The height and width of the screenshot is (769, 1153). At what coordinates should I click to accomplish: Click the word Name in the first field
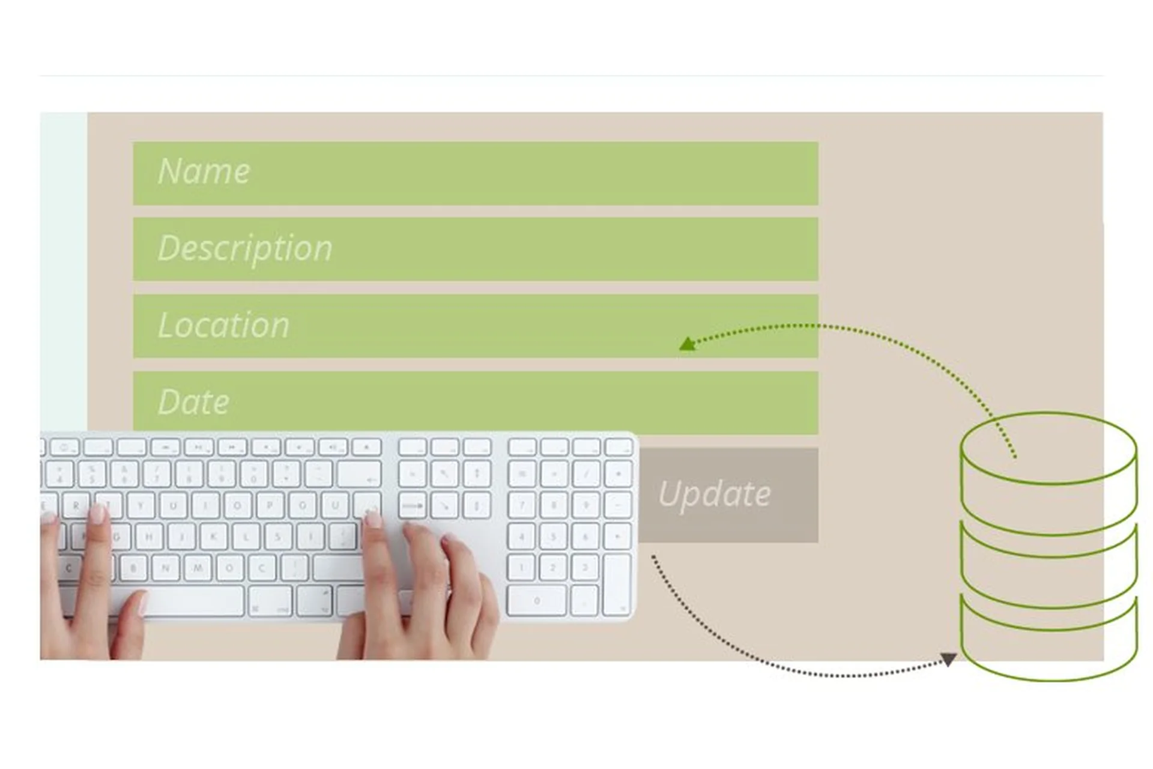[204, 171]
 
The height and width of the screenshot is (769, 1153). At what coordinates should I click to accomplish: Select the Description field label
[245, 248]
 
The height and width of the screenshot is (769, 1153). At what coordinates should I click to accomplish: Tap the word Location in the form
[223, 325]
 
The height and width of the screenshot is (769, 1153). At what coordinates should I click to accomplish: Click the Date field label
[193, 402]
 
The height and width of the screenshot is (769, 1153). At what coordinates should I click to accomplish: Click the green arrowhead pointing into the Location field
[686, 344]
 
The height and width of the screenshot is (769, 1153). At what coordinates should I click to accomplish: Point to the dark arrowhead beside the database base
[948, 659]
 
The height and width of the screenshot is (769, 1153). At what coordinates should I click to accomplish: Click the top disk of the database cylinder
[1048, 448]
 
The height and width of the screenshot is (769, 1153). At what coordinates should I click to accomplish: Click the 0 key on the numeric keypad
[536, 600]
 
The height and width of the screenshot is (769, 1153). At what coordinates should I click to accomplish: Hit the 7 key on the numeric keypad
[521, 505]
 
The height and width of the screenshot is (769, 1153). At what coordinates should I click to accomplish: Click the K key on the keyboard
[213, 536]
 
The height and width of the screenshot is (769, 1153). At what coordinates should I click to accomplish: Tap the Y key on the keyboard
[141, 506]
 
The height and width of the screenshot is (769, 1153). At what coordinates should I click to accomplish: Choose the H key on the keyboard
[149, 536]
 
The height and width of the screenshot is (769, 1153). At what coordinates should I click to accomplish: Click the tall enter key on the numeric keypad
[616, 584]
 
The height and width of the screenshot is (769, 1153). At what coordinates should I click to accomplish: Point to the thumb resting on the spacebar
[136, 607]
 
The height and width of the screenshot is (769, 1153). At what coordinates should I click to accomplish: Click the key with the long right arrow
[413, 506]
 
